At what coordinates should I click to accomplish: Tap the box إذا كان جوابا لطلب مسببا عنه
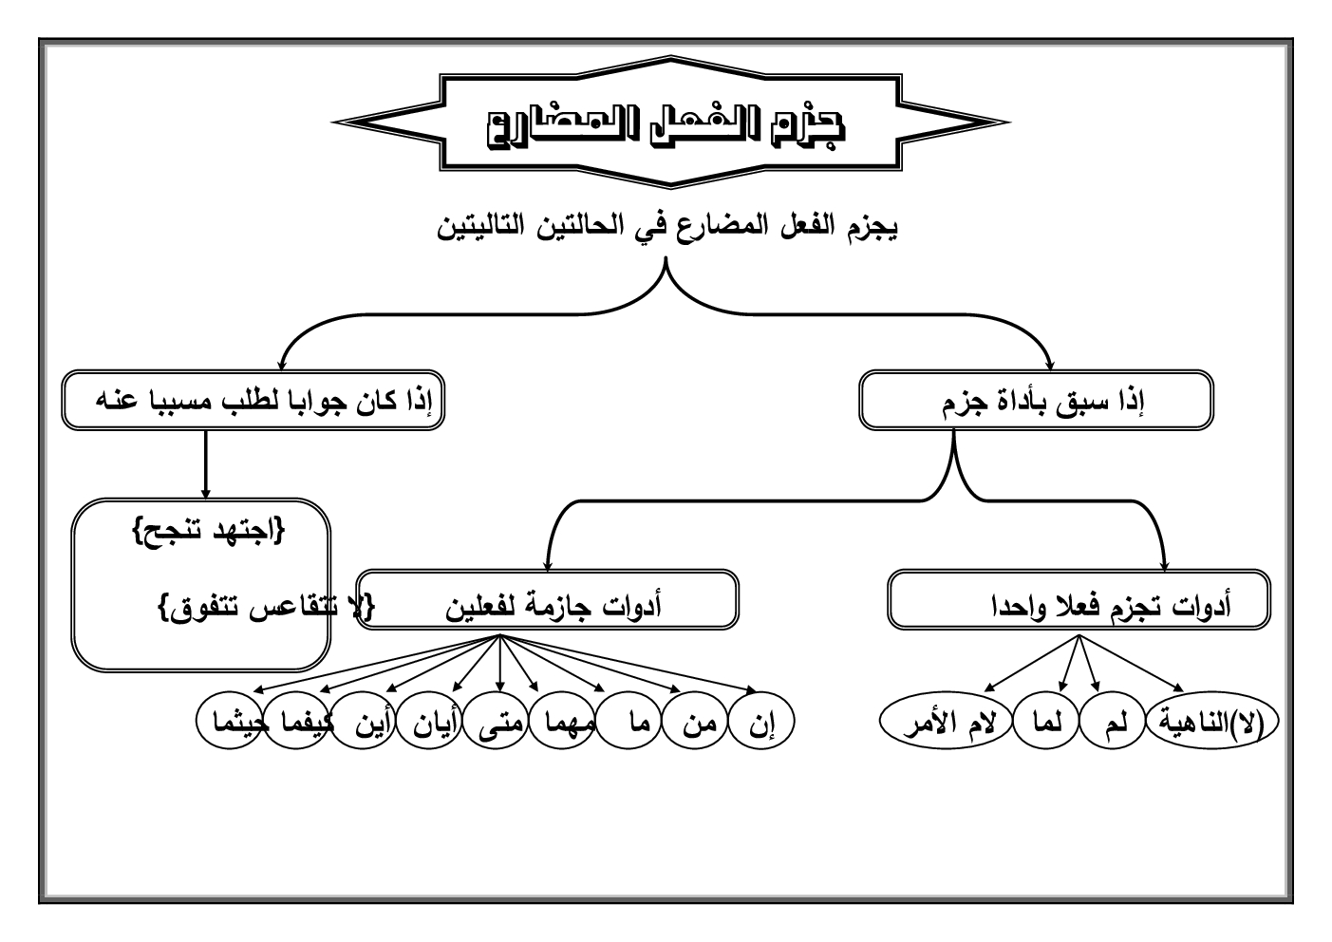pyautogui.click(x=253, y=400)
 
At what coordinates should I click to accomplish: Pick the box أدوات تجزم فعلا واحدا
pyautogui.click(x=1079, y=599)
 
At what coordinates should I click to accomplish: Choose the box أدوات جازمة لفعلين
pyautogui.click(x=548, y=599)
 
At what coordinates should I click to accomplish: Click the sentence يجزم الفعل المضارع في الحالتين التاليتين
pyautogui.click(x=667, y=228)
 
